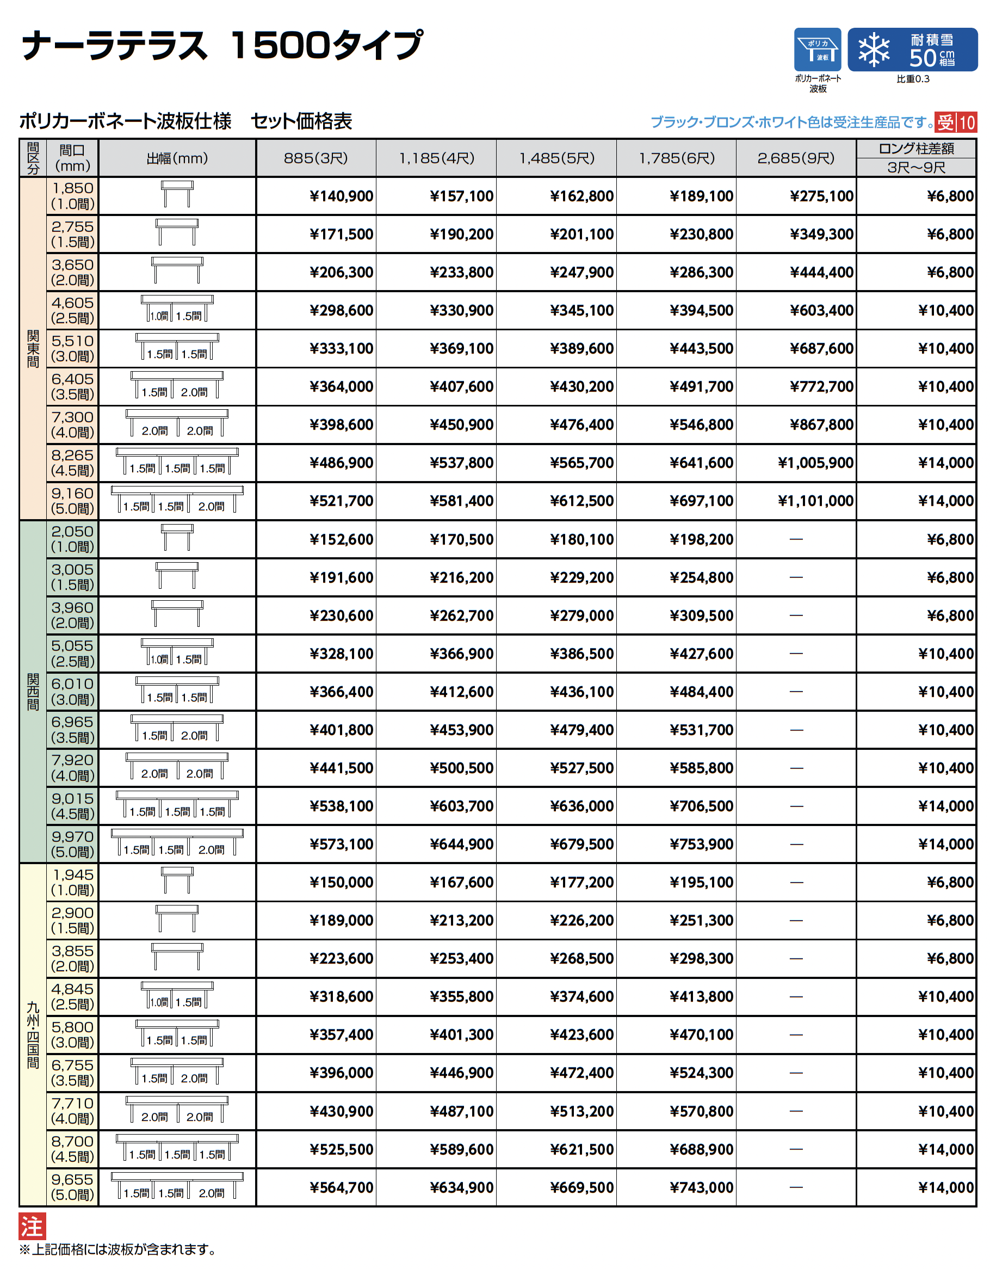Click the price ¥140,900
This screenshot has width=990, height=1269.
[341, 196]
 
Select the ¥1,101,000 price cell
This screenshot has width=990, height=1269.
[815, 501]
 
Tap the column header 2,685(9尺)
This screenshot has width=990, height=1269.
[795, 158]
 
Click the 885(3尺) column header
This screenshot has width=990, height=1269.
[315, 158]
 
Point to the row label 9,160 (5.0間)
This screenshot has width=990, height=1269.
[73, 501]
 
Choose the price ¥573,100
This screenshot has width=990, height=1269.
[341, 844]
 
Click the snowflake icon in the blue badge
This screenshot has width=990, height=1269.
[874, 50]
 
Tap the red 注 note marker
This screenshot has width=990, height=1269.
[32, 1227]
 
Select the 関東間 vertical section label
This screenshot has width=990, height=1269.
[33, 349]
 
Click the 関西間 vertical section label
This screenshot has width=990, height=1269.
[33, 692]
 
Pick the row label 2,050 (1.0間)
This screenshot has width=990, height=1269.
[73, 539]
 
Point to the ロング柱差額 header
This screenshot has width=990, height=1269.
[915, 149]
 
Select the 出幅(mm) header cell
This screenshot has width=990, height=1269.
[177, 158]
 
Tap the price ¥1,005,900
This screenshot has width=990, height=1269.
[815, 463]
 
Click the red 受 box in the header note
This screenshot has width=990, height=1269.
[945, 122]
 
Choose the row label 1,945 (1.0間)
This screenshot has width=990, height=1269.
[73, 882]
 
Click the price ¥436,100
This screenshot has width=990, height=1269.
[581, 692]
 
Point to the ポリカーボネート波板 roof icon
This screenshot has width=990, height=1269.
[818, 50]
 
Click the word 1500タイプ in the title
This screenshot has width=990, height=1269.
[326, 46]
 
